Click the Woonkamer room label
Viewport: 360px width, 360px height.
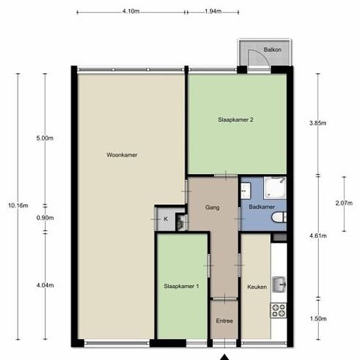point(122,154)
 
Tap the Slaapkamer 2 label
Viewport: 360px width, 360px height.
point(236,120)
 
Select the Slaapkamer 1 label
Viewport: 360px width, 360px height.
point(181,286)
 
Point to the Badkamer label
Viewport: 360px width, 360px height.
point(262,207)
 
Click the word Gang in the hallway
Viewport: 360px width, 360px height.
point(212,207)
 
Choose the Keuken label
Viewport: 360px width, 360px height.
point(257,287)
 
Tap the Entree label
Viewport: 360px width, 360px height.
point(225,321)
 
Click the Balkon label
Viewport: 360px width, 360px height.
point(272,50)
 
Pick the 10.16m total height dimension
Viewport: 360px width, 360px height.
point(18,206)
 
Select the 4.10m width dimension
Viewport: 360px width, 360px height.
point(131,11)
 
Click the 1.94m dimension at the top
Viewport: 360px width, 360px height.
point(213,11)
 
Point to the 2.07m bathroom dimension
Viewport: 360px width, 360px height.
point(344,203)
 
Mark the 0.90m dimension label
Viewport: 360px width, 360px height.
point(45,218)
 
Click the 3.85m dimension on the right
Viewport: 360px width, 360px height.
point(317,123)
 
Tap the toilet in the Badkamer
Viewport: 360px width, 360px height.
point(279,217)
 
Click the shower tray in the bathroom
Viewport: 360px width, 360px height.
point(275,188)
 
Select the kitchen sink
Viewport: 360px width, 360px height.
point(279,285)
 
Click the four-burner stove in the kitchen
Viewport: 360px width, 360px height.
point(278,311)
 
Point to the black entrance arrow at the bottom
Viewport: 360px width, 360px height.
point(225,357)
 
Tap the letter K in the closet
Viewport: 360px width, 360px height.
point(166,219)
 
